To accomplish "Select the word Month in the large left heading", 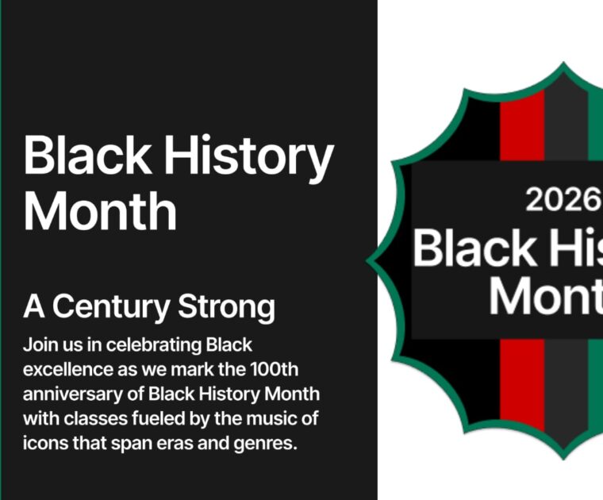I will [100, 210].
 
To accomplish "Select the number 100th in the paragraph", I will [278, 370].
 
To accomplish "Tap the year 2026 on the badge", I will [563, 200].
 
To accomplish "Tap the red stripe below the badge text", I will [522, 381].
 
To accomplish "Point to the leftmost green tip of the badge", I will [370, 260].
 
